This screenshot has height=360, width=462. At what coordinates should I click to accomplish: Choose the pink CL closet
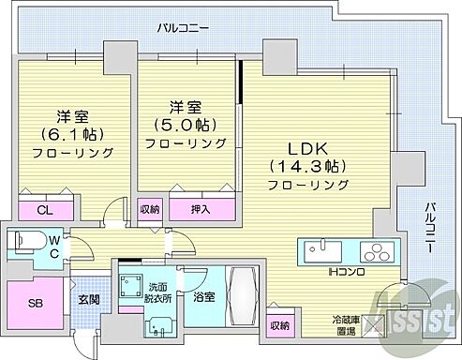(45, 210)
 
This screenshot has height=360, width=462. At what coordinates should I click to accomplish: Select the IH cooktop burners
(376, 252)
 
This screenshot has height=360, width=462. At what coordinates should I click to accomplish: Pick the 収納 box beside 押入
(149, 210)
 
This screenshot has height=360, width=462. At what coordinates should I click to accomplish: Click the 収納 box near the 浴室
(278, 325)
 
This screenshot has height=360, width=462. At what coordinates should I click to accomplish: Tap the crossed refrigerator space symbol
(381, 324)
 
